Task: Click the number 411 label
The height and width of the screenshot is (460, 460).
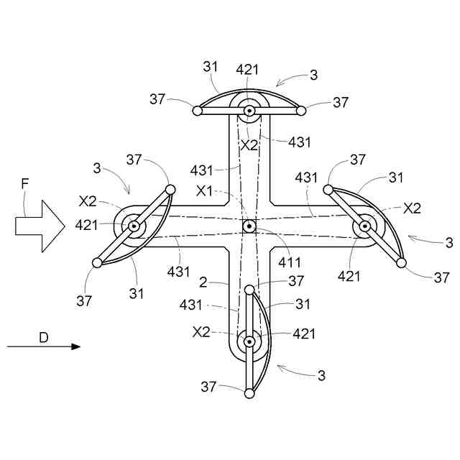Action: [290, 263]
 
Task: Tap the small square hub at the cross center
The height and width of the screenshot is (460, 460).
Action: [249, 226]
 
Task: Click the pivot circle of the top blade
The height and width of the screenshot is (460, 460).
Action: [249, 111]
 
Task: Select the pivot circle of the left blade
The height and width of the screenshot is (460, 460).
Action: [134, 226]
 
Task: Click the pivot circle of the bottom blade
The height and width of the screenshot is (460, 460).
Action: [249, 341]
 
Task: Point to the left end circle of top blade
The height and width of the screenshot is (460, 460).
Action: [196, 111]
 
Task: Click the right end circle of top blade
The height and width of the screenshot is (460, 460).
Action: [301, 111]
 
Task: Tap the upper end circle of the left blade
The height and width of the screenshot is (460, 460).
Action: [170, 189]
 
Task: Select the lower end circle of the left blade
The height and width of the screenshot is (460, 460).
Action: [98, 262]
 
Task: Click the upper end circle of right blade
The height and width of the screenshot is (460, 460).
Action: [328, 189]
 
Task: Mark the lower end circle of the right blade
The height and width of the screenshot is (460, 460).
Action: [401, 264]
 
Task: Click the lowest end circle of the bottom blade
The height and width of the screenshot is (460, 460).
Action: [249, 393]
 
